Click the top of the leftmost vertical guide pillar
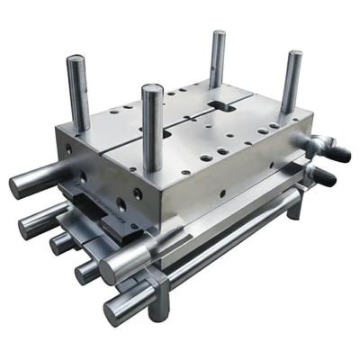(x=76, y=62)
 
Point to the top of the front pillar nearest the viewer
(x=152, y=91)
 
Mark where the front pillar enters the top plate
(x=154, y=167)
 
